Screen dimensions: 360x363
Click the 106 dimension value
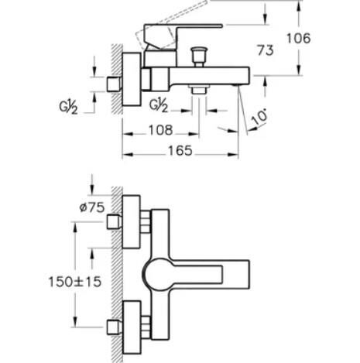click(299, 39)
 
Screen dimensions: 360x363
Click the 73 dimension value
click(265, 50)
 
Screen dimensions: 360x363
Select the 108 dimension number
click(160, 130)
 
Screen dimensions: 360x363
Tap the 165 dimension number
click(180, 151)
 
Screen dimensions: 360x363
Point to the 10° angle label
click(259, 118)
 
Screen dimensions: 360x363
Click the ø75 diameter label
click(92, 207)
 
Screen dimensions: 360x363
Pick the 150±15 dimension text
click(75, 282)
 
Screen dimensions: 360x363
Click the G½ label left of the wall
click(68, 107)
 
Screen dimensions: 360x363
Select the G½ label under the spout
click(159, 105)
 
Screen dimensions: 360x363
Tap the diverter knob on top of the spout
click(199, 57)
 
